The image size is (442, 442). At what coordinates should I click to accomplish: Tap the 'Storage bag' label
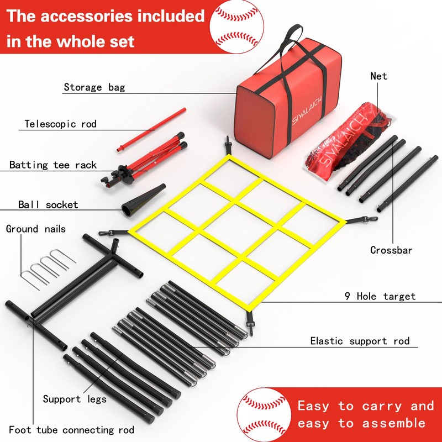[94, 87]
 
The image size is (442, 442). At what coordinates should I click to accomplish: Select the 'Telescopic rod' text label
[61, 124]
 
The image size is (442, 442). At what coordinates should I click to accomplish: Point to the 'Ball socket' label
[48, 205]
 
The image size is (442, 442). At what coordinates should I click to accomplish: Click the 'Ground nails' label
[36, 229]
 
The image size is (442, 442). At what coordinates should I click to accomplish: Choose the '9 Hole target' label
[380, 296]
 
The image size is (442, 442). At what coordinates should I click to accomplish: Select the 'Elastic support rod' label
[360, 341]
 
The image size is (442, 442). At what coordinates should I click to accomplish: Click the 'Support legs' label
[75, 399]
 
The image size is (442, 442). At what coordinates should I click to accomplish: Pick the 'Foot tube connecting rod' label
[71, 429]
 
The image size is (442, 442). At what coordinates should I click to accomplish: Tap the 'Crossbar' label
[391, 250]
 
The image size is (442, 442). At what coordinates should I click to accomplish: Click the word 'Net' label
[379, 76]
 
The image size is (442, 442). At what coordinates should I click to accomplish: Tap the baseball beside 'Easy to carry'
[262, 414]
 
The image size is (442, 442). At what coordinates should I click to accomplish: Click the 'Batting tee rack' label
[53, 165]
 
